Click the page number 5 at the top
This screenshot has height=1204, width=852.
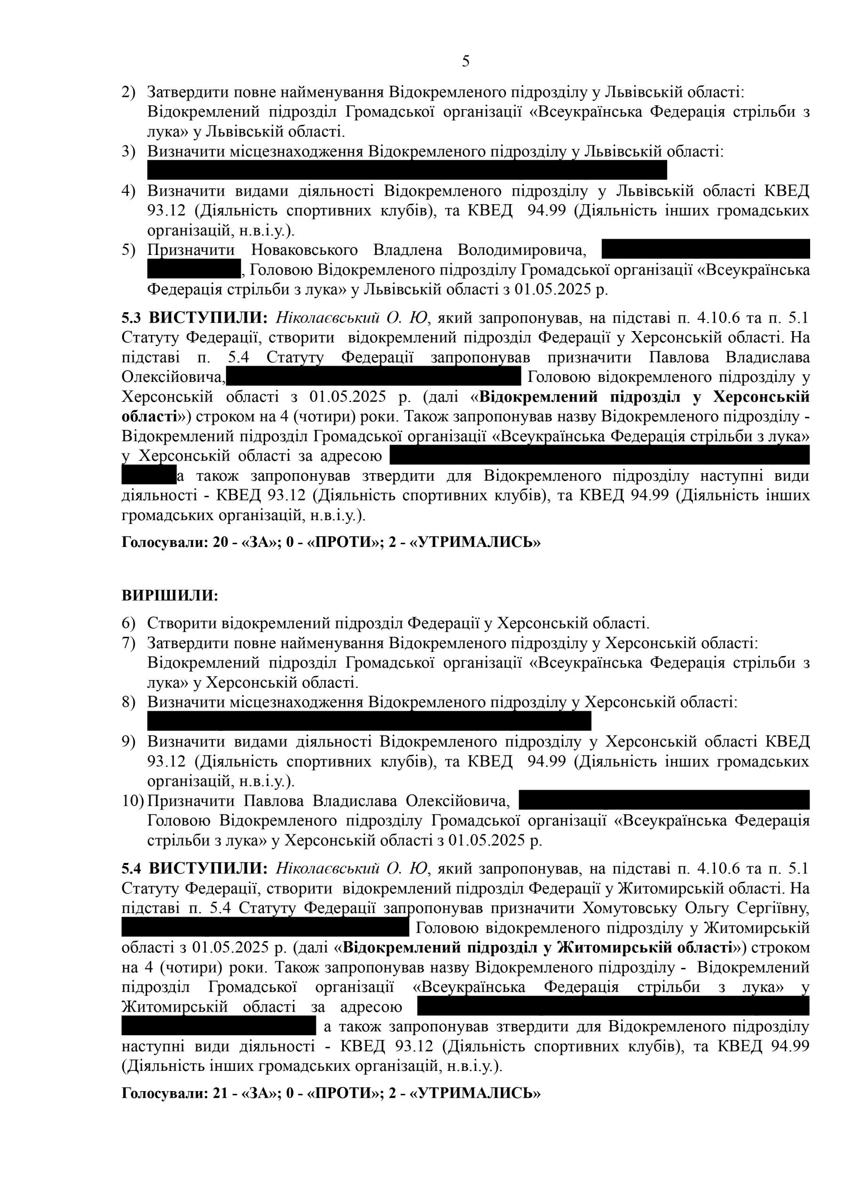(x=465, y=62)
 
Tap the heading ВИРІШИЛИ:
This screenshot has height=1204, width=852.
(x=169, y=596)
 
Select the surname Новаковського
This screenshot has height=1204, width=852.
(x=304, y=250)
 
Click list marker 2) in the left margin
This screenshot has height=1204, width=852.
(x=128, y=92)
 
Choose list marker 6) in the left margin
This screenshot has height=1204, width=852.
(x=128, y=623)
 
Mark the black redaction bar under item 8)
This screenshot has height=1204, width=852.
(x=369, y=721)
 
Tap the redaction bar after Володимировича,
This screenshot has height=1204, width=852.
(x=705, y=249)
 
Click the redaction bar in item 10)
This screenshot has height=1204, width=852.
(x=663, y=800)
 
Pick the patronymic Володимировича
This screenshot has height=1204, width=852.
(x=521, y=250)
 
